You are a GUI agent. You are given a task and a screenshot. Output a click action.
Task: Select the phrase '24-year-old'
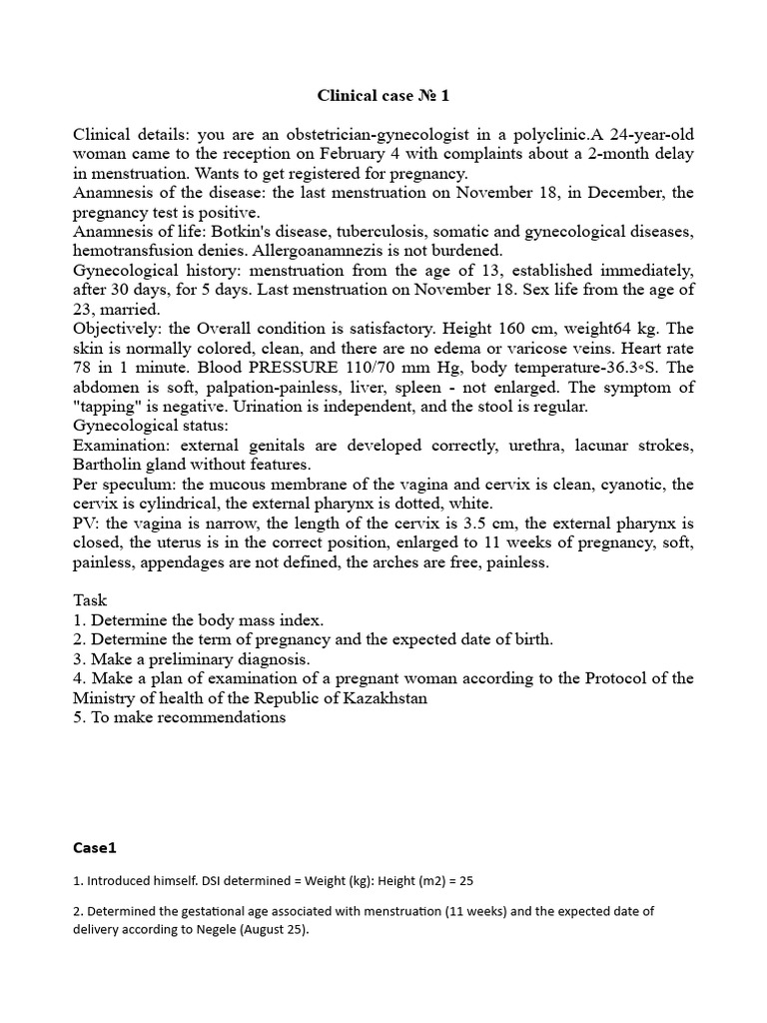click(x=645, y=135)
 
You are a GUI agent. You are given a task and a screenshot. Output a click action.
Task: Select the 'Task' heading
click(x=91, y=600)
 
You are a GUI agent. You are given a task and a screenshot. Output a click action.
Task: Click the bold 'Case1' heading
click(x=95, y=848)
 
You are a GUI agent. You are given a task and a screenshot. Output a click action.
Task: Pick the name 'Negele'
click(x=237, y=929)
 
